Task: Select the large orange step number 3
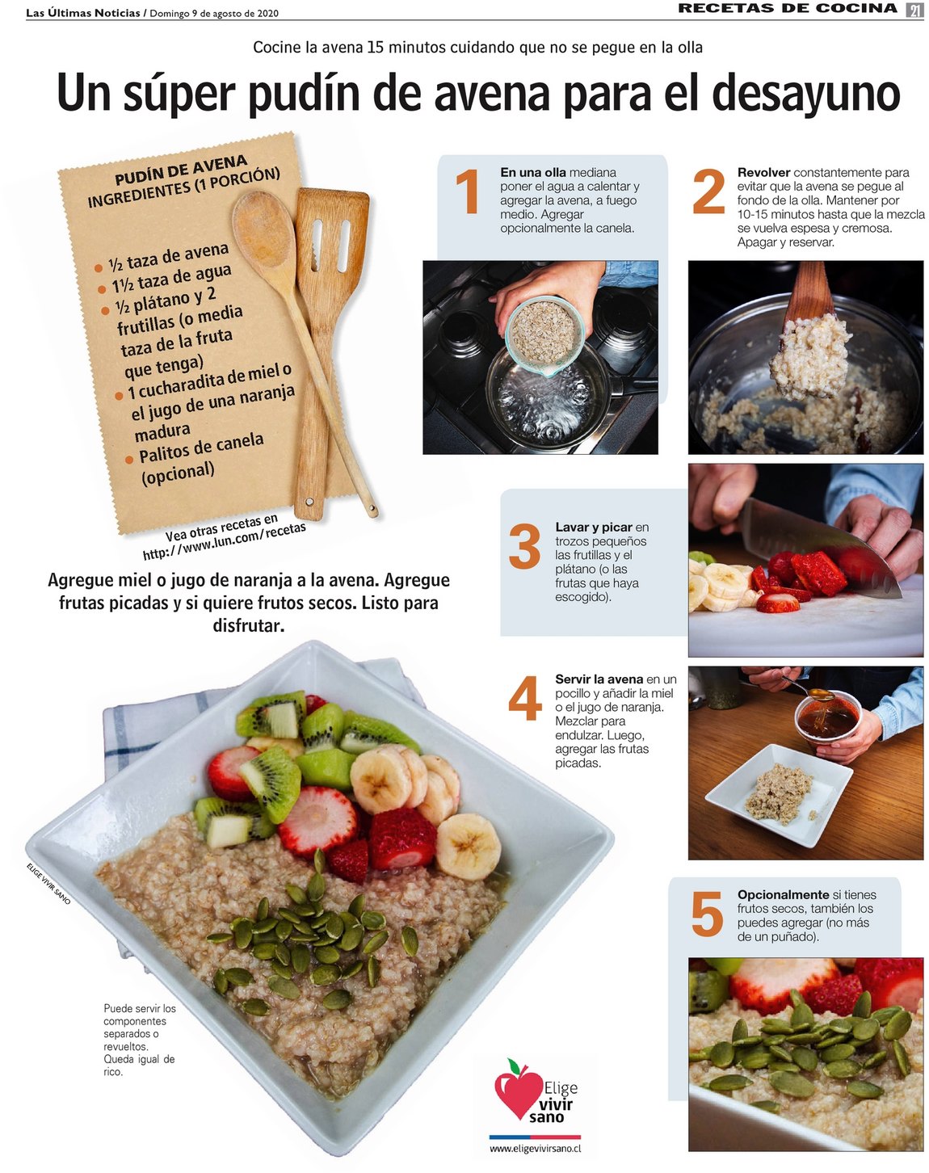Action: (524, 546)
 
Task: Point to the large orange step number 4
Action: (525, 698)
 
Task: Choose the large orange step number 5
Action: (708, 914)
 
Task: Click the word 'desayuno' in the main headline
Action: (805, 95)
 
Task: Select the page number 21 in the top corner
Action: (914, 10)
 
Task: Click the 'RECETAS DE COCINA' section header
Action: (788, 8)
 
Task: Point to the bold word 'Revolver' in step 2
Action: (763, 173)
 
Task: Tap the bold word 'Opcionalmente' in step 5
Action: (783, 895)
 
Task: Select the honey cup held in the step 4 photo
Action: (827, 717)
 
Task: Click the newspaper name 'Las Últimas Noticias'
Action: (83, 13)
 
